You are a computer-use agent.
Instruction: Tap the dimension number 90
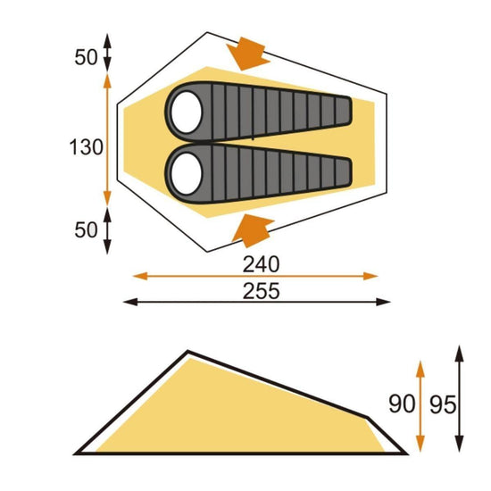pos(402,404)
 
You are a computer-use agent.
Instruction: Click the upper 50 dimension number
pos(85,57)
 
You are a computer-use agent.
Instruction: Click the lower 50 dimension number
pos(85,229)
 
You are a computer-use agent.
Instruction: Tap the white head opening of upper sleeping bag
pos(187,111)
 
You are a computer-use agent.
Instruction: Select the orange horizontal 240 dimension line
pos(179,275)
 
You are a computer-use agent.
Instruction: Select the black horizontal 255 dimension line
pos(179,303)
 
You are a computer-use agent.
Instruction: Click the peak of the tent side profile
pos(187,352)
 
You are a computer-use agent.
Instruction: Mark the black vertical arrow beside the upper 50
pos(107,52)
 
